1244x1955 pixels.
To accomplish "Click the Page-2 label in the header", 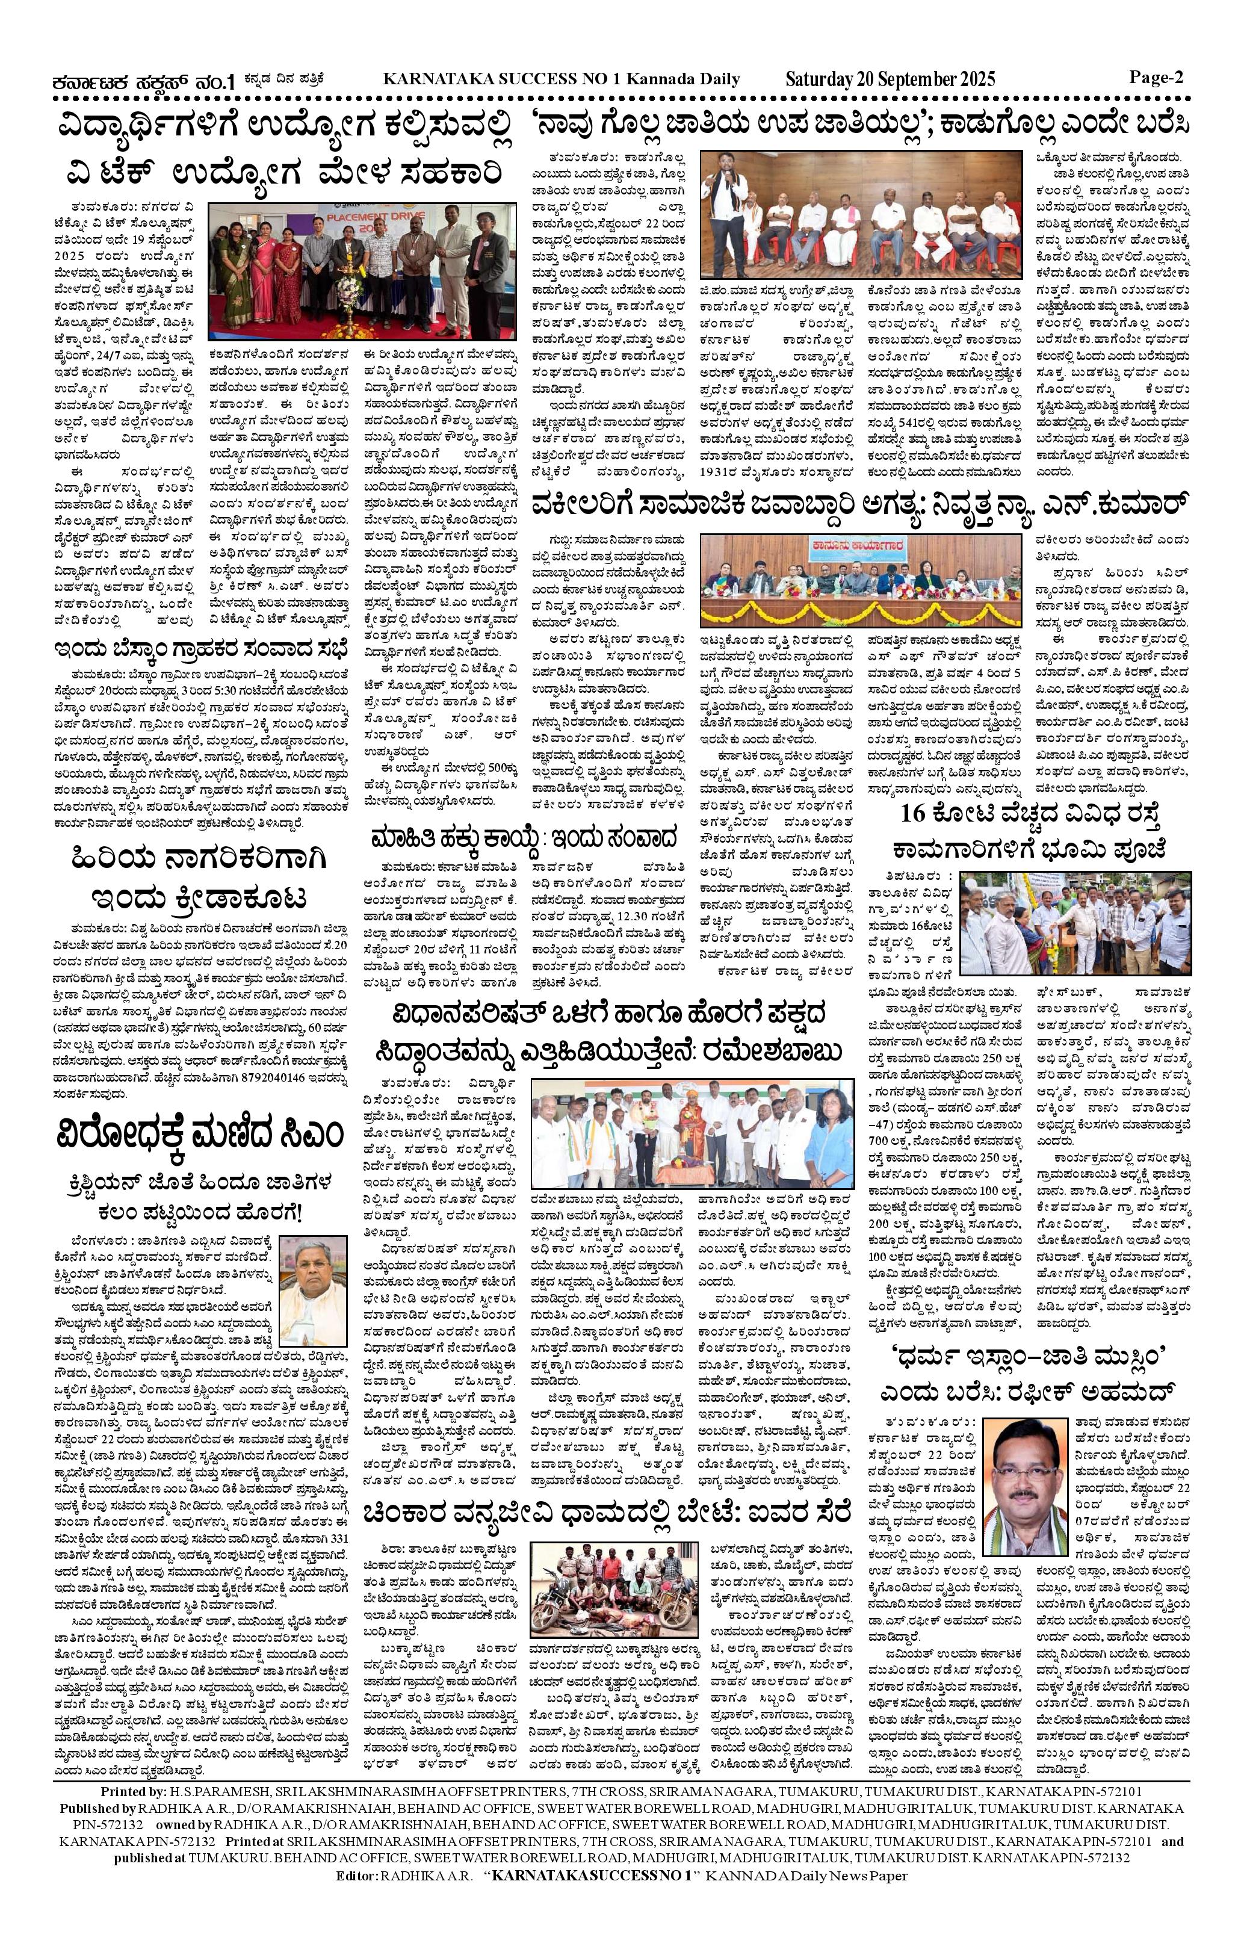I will point(1156,78).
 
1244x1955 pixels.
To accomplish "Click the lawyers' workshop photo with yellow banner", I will point(862,580).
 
